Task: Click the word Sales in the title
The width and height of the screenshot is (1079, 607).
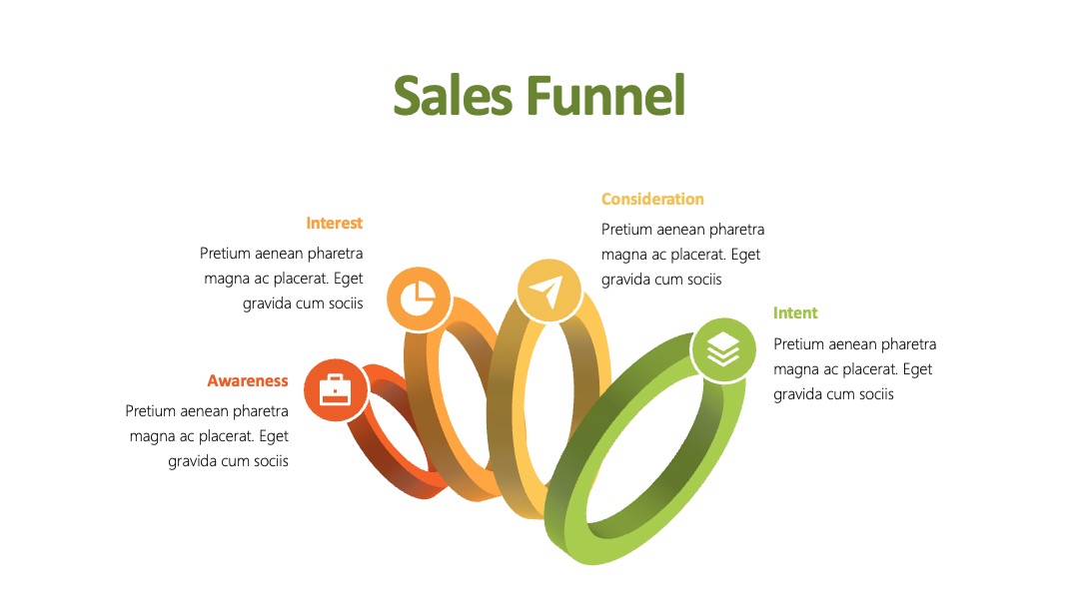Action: coord(453,96)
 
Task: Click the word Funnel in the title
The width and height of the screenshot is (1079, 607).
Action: coord(606,96)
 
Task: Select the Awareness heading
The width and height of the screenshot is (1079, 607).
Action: coord(248,380)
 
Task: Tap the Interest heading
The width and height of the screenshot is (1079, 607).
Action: coord(335,224)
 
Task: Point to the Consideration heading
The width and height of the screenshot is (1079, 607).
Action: coord(652,200)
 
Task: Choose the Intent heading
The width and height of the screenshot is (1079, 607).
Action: coord(795,313)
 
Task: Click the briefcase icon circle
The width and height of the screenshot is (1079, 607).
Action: coord(336,389)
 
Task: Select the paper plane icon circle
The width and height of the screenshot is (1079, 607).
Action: coord(548,292)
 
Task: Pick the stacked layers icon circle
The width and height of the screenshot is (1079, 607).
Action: coord(723,349)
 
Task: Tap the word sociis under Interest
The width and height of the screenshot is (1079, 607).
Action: coord(345,303)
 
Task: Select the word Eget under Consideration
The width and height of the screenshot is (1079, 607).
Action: coord(745,255)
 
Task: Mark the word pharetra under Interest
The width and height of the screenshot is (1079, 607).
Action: coord(335,254)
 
